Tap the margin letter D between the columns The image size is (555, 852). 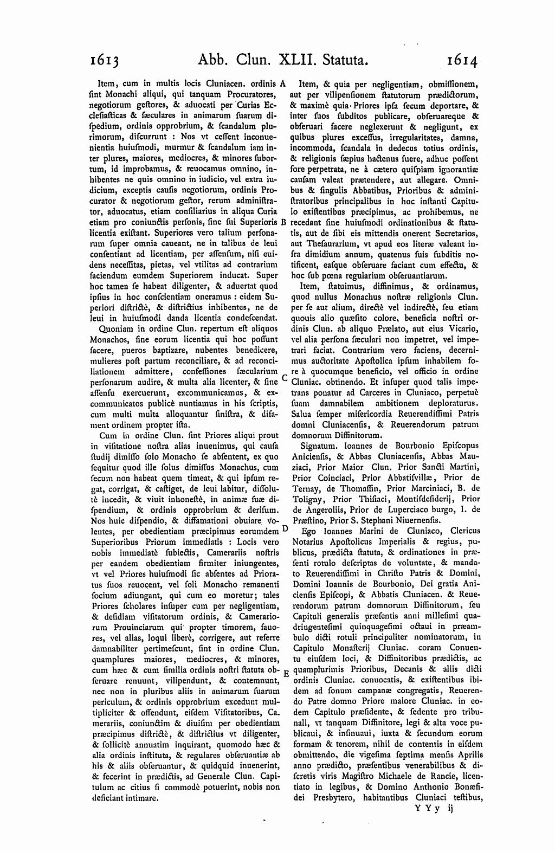pyautogui.click(x=285, y=528)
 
